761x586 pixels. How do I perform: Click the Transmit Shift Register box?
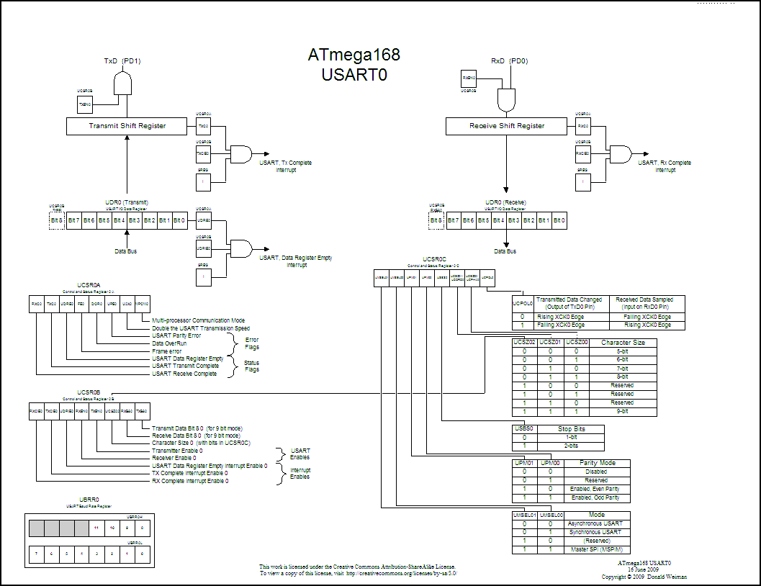pyautogui.click(x=127, y=126)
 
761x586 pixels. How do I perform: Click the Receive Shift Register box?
pyautogui.click(x=506, y=126)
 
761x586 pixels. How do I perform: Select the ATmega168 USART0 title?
pyautogui.click(x=354, y=66)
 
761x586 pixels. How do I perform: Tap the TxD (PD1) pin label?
pyautogui.click(x=122, y=61)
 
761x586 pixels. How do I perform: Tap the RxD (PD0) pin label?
pyautogui.click(x=509, y=61)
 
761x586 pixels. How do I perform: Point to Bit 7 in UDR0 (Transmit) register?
pyautogui.click(x=73, y=220)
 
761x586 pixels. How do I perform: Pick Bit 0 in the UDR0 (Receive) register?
pyautogui.click(x=559, y=220)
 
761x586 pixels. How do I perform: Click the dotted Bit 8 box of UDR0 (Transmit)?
pyautogui.click(x=56, y=220)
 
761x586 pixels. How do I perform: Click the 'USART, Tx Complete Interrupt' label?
pyautogui.click(x=286, y=166)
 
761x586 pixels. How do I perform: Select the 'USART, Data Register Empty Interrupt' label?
pyautogui.click(x=296, y=261)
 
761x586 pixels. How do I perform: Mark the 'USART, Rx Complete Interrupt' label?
pyautogui.click(x=665, y=166)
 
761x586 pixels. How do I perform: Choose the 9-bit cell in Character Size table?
pyautogui.click(x=622, y=411)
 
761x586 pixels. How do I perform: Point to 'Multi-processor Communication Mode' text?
pyautogui.click(x=198, y=320)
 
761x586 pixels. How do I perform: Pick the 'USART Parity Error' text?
pyautogui.click(x=176, y=335)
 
